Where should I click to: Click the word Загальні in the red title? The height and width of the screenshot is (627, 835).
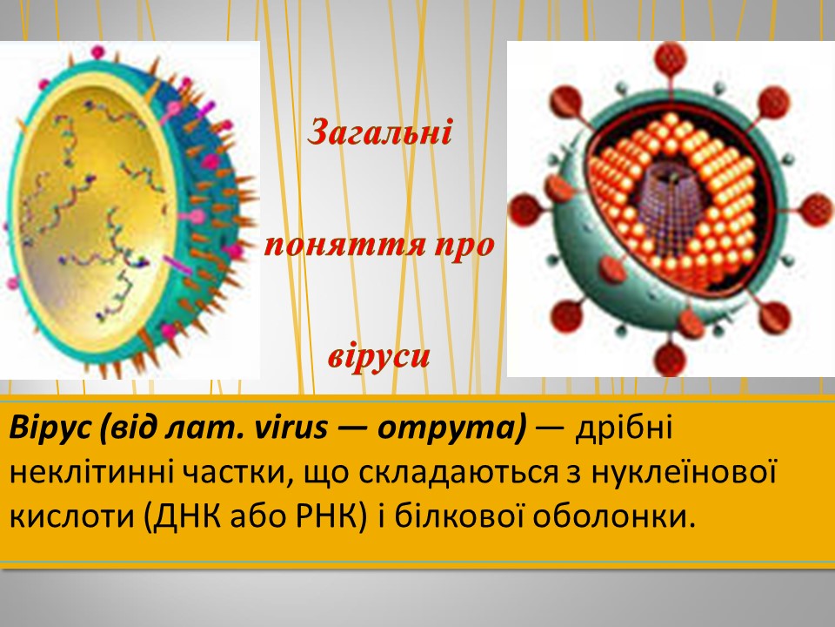tap(380, 132)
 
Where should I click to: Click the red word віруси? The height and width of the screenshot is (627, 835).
tap(378, 356)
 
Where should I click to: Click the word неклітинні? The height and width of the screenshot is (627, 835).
tap(91, 472)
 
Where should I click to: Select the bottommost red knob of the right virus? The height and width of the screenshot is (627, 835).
tap(671, 358)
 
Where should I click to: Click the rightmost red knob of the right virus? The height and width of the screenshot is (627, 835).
tap(816, 210)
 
